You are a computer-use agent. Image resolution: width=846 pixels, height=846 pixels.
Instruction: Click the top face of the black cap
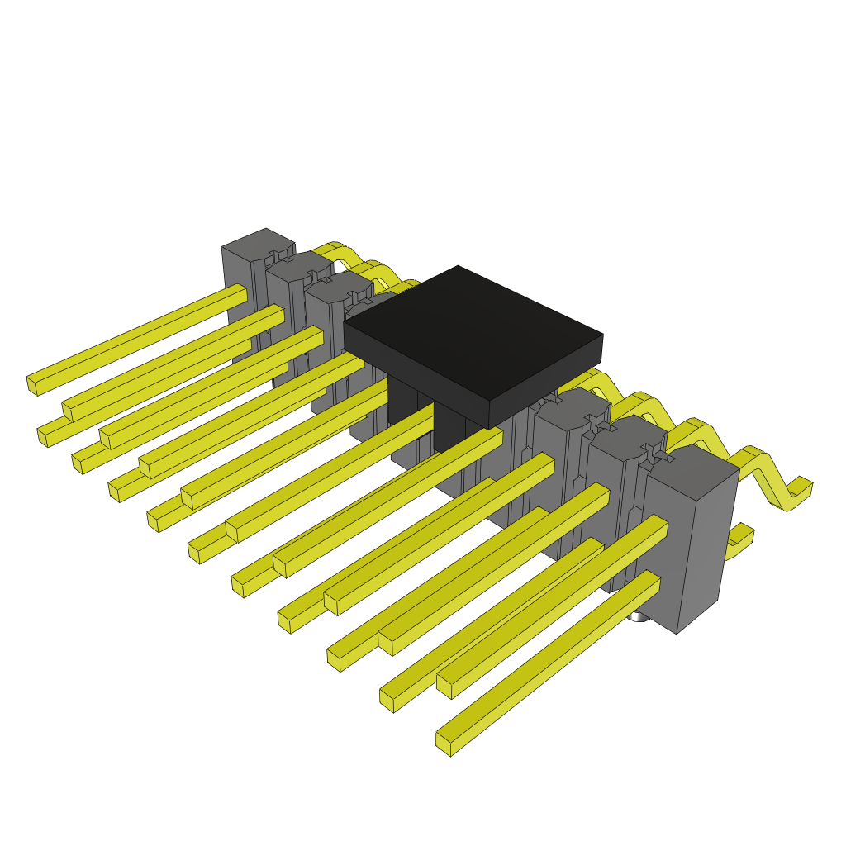(471, 330)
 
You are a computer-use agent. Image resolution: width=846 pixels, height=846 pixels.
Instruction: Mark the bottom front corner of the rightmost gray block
(677, 632)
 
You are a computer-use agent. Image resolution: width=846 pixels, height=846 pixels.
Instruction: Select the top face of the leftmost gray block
(256, 244)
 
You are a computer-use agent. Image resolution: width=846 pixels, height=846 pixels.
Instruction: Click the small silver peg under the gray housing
(638, 616)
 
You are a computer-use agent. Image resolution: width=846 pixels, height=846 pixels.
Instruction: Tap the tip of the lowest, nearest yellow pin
(444, 744)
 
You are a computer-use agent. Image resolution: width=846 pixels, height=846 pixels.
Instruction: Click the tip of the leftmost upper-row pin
(32, 386)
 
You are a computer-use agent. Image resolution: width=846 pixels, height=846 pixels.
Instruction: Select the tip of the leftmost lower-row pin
(42, 437)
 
